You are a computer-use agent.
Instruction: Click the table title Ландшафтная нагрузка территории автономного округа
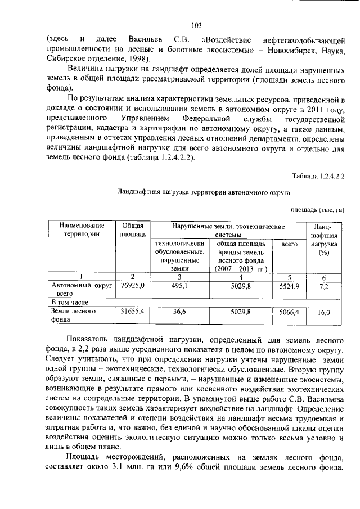[204, 192]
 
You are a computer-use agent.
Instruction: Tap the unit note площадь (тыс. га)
[317, 210]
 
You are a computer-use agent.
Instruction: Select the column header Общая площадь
[133, 229]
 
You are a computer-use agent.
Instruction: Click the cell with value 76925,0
[133, 286]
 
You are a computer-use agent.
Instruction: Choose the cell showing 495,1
[178, 286]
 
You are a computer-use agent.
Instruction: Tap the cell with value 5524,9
[289, 287]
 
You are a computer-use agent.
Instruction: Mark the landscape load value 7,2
[323, 287]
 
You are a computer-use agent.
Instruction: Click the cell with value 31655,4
[133, 311]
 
